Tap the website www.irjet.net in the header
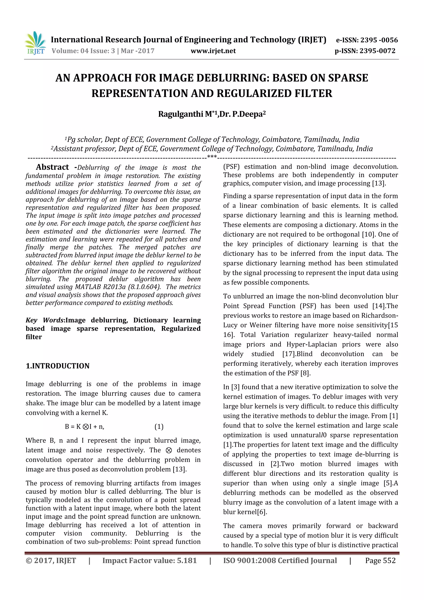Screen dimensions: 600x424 click(213, 51)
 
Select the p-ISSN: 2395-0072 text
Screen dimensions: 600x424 click(365, 51)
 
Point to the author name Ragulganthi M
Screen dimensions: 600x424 click(185, 114)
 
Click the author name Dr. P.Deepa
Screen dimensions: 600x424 click(241, 114)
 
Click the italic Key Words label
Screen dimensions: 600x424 click(45, 320)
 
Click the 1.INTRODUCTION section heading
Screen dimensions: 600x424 click(58, 366)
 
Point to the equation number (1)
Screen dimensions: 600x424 click(159, 427)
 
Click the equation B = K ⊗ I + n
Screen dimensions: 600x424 click(84, 427)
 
